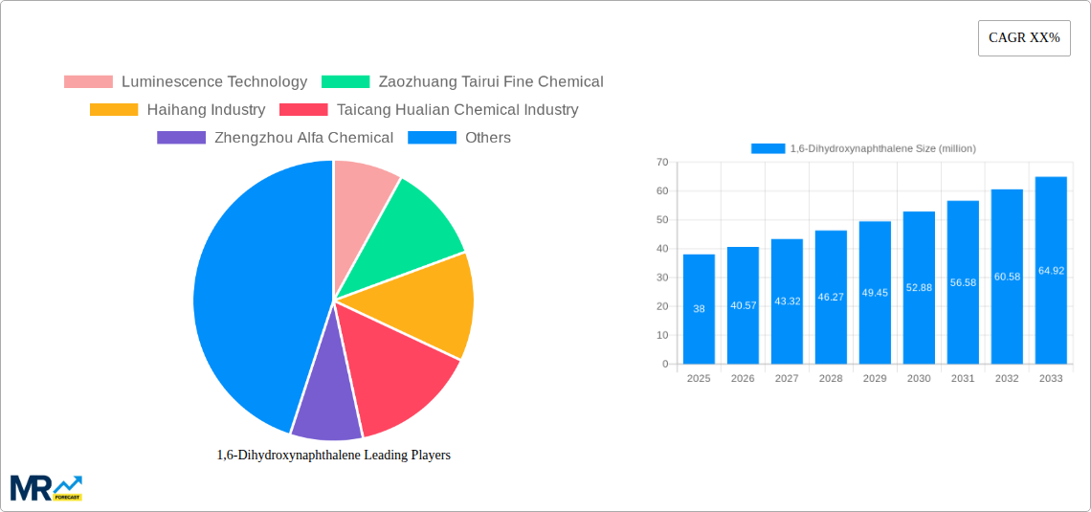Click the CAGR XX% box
[x=1024, y=38]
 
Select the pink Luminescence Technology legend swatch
[x=88, y=82]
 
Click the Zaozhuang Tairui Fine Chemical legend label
[x=491, y=82]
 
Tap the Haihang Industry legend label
[x=206, y=110]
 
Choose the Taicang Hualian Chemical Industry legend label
[x=457, y=110]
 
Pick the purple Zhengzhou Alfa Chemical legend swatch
[x=181, y=138]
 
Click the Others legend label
[x=488, y=138]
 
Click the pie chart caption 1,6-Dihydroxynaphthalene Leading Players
[x=333, y=456]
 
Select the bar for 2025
[x=699, y=308]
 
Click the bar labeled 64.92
[x=1051, y=270]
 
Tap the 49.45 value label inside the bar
[x=875, y=293]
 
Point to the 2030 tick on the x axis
[x=919, y=379]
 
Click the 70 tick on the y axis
[x=662, y=163]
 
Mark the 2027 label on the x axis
[x=787, y=379]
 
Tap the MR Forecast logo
[x=46, y=488]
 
